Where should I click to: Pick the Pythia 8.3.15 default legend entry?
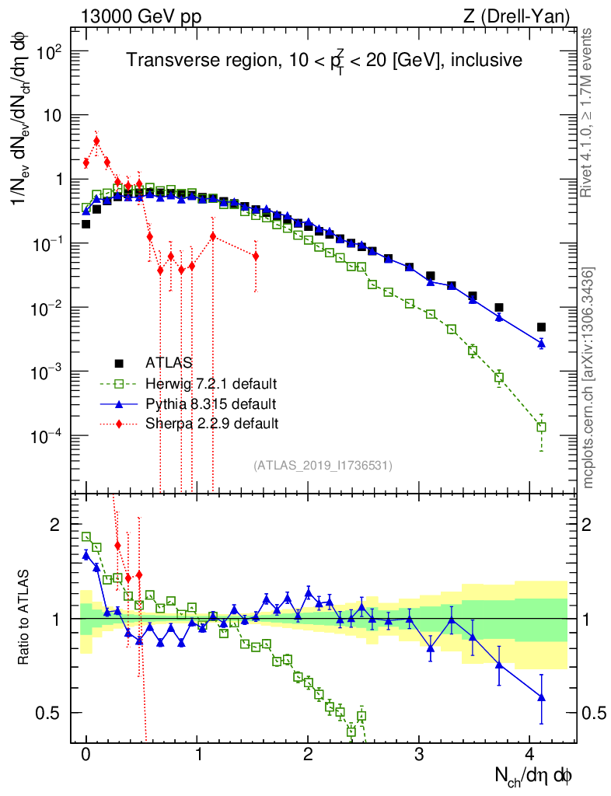tap(211, 403)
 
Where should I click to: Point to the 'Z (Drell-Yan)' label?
tap(525, 15)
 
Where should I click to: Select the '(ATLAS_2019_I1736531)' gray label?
tap(323, 466)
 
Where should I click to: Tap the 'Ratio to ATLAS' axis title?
tap(23, 619)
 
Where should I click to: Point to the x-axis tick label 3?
tap(420, 753)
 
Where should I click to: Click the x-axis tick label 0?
tap(86, 753)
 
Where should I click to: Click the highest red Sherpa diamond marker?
tap(96, 141)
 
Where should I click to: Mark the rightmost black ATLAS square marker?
tap(541, 327)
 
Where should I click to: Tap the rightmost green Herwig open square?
tap(541, 427)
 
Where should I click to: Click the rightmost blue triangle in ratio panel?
tap(541, 697)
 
